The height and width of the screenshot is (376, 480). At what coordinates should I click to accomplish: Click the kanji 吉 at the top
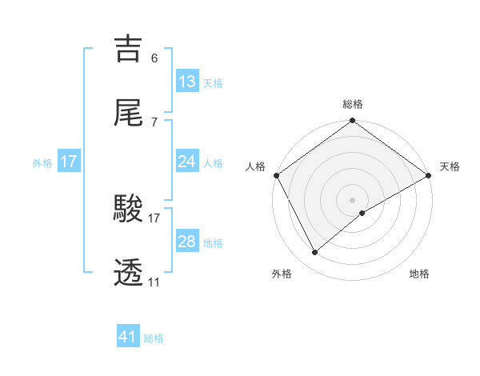tap(129, 49)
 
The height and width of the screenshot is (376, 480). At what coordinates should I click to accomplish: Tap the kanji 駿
tap(129, 210)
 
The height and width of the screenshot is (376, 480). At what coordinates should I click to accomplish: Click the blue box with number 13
tap(187, 81)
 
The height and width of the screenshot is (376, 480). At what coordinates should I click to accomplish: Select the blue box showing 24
tap(187, 162)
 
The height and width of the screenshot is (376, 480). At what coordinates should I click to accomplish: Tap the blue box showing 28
tap(187, 242)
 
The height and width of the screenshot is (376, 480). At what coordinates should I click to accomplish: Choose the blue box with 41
tap(128, 338)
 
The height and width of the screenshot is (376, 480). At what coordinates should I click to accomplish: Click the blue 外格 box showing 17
tap(69, 162)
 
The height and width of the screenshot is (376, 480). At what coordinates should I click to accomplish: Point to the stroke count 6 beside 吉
tap(154, 58)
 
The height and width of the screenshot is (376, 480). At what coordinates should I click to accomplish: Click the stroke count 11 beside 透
tap(154, 282)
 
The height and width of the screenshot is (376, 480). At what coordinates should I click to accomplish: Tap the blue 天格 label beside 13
tap(213, 82)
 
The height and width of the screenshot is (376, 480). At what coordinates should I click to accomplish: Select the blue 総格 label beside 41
tap(154, 339)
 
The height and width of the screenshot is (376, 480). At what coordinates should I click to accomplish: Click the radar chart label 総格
tap(353, 104)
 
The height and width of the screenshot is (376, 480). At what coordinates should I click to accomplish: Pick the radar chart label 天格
tap(450, 166)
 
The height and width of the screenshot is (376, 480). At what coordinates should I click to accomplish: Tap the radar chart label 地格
tap(419, 274)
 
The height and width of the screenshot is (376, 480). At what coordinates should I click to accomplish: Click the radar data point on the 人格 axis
tap(276, 175)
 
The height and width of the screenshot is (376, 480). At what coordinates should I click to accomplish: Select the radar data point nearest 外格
tap(315, 253)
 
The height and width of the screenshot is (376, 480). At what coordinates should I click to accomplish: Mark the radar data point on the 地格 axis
tap(362, 213)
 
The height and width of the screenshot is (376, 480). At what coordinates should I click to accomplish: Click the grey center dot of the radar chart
tap(353, 199)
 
